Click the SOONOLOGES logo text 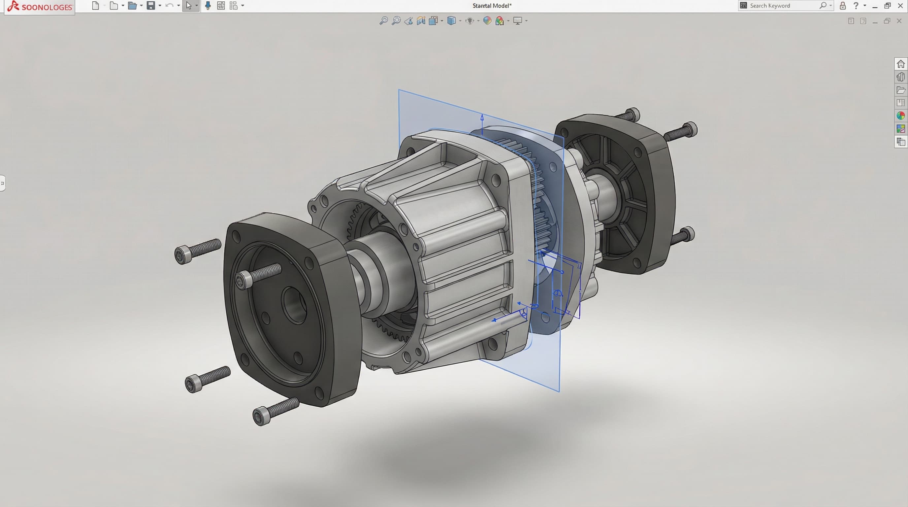[x=46, y=7]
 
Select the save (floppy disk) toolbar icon [x=151, y=6]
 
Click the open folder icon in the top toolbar [x=132, y=6]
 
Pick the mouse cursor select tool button [x=189, y=6]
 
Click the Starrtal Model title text [x=492, y=6]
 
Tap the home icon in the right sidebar [x=901, y=64]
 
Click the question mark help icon [x=856, y=6]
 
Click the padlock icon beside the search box [x=842, y=6]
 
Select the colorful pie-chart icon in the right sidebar [x=901, y=116]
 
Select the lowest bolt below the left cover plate [x=275, y=411]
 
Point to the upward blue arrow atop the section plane [x=482, y=118]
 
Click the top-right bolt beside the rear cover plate [x=681, y=131]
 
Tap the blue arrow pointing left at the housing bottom [x=495, y=320]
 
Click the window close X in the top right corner [x=900, y=6]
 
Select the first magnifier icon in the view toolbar [x=383, y=21]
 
